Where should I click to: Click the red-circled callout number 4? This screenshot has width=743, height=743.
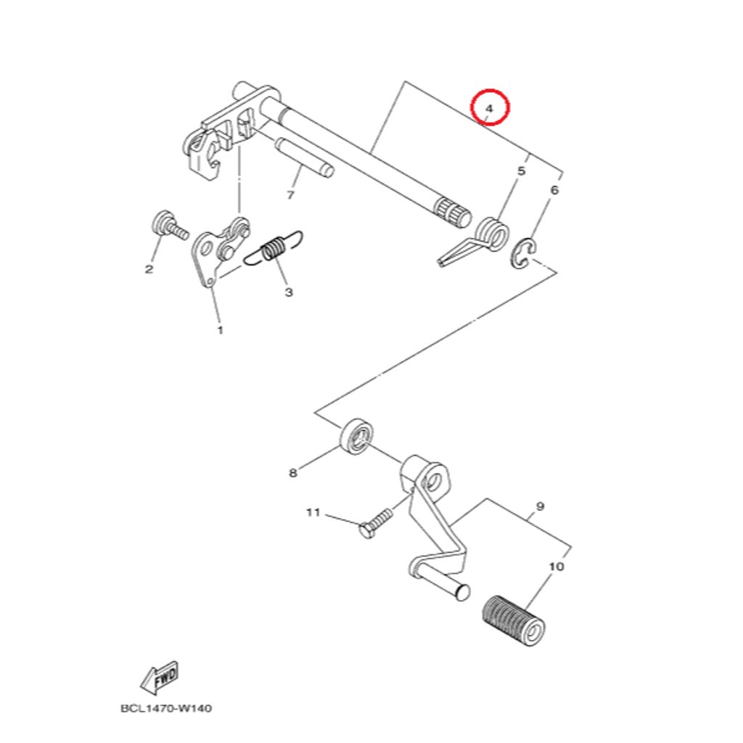[x=490, y=109]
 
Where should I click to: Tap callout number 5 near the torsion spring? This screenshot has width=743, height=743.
[x=521, y=171]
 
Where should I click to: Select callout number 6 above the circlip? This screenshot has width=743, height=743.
[x=554, y=191]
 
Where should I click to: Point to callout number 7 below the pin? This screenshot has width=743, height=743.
[x=290, y=194]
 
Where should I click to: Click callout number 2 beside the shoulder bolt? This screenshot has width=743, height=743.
[x=149, y=269]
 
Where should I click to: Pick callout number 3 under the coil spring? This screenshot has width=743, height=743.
[x=289, y=292]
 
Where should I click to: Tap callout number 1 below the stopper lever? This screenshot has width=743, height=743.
[x=221, y=330]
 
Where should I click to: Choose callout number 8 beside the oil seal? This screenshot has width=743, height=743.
[x=293, y=473]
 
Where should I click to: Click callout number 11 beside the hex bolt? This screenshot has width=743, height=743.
[x=313, y=512]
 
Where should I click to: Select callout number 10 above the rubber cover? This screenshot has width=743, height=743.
[x=557, y=566]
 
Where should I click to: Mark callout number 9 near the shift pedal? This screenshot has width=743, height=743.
[x=540, y=506]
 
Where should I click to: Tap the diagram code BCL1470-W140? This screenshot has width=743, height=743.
[x=166, y=708]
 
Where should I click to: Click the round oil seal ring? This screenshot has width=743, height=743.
[x=356, y=435]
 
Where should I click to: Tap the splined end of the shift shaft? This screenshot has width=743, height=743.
[x=453, y=212]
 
